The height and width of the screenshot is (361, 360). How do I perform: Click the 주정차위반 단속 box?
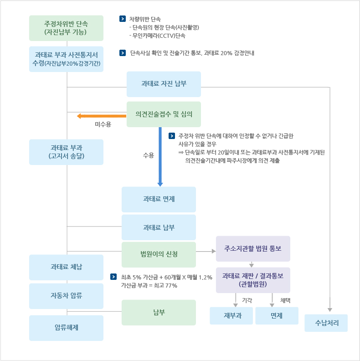pos(66,28)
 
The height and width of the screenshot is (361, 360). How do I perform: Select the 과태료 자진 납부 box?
pos(164,84)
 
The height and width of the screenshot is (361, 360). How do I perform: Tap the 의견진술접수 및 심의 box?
pos(164,114)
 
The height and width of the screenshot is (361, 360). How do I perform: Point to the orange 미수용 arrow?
pos(102,116)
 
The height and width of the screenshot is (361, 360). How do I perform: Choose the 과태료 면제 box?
pos(159,199)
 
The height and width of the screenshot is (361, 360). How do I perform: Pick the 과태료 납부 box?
pos(159,227)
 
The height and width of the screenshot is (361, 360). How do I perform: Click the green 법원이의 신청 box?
pos(159,254)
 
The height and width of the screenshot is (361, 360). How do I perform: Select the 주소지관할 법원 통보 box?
pos(253,248)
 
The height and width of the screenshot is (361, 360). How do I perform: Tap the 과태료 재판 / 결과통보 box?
pos(253,279)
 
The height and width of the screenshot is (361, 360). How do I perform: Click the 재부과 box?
pos(231,315)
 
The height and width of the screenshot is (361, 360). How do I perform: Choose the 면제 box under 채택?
pos(277,315)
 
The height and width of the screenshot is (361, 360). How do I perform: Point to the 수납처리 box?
pos(326,323)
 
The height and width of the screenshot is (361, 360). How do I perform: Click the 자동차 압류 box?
pos(66,296)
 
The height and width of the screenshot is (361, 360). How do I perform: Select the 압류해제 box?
pos(66,328)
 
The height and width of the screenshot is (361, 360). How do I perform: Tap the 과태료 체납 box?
pos(66,267)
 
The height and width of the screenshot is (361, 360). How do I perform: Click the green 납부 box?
pos(159,312)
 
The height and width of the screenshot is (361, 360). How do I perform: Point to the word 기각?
pos(247,300)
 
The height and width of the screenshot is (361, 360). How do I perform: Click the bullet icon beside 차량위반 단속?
pos(122,19)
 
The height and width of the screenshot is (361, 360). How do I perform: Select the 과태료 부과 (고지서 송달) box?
pos(66,152)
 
